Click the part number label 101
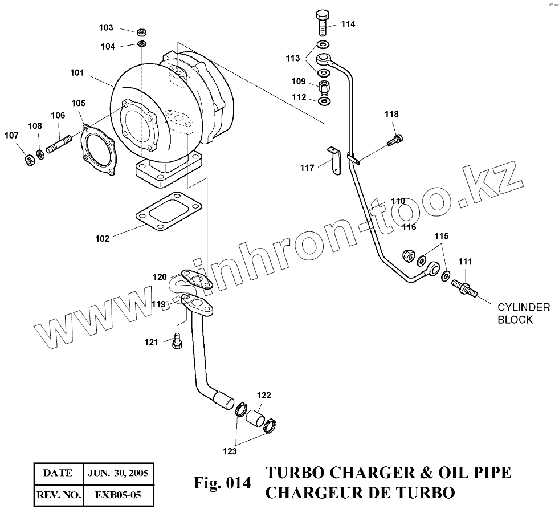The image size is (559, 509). pyautogui.click(x=77, y=73)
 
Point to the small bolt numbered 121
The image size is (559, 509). pyautogui.click(x=177, y=340)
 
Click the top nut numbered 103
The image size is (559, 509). pyautogui.click(x=141, y=31)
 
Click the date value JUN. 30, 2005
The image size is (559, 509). pyautogui.click(x=117, y=473)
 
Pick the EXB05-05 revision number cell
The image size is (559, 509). pyautogui.click(x=117, y=495)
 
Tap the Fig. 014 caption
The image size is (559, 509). pyautogui.click(x=222, y=483)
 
